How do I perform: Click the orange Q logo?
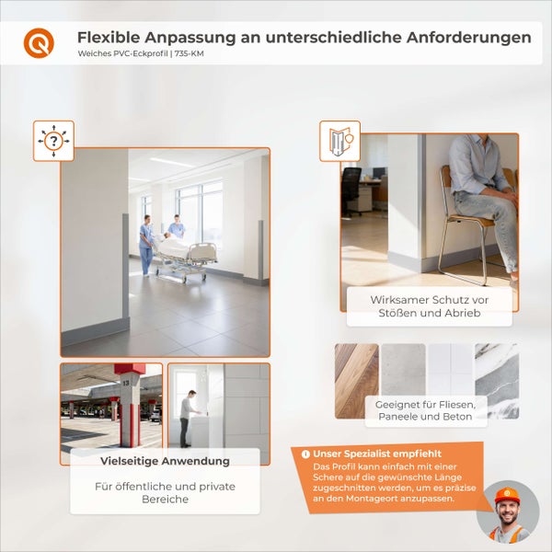pos(39,42)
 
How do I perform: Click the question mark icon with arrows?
pos(53,141)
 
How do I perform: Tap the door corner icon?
pos(339,141)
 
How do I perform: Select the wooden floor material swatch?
pos(356,380)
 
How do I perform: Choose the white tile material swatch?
pos(450,369)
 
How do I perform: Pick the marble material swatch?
pos(497,380)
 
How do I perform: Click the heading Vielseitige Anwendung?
pos(165,460)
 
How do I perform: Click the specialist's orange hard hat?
pos(507,496)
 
